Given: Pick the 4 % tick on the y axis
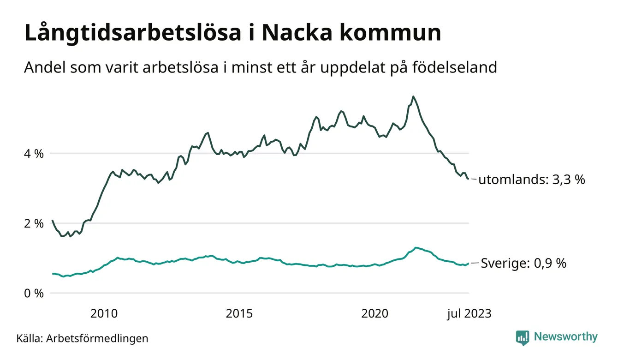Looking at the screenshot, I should click(x=33, y=153).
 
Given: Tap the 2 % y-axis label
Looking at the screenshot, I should click(x=33, y=223).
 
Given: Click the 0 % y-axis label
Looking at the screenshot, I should click(x=33, y=293).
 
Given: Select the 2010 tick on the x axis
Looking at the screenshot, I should click(x=104, y=314).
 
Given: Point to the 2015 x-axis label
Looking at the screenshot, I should click(x=239, y=314).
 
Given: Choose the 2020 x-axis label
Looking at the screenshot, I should click(x=375, y=314).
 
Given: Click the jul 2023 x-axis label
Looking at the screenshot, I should click(x=469, y=314).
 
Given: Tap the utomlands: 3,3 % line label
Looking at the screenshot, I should click(x=532, y=180).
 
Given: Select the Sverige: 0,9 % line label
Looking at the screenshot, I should click(x=523, y=264).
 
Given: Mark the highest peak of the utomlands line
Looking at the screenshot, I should click(x=413, y=96).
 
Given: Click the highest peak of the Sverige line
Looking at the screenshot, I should click(x=416, y=248).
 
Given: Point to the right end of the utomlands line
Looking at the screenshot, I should click(x=468, y=179).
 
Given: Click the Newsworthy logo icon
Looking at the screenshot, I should click(x=522, y=337).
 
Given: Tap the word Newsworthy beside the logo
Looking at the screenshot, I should click(x=565, y=337).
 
